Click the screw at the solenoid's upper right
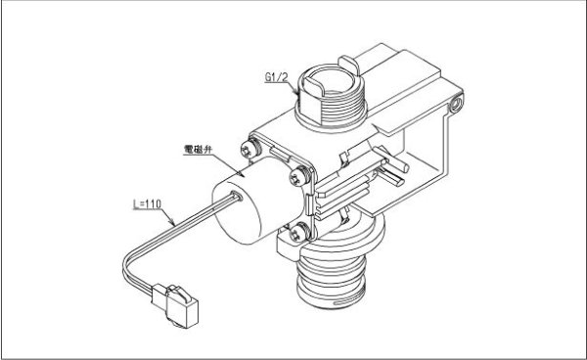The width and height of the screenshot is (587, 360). pos(295,179)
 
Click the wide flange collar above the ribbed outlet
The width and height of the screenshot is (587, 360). pos(342,245)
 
